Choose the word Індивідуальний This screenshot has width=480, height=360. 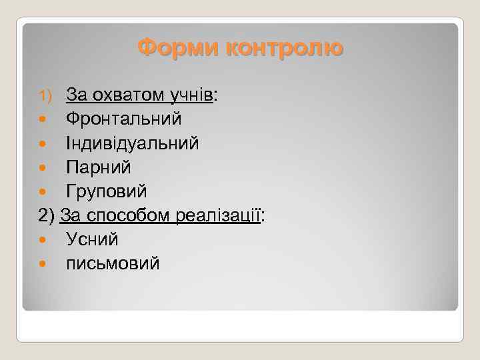pos(132,143)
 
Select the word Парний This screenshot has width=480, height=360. pos(99,167)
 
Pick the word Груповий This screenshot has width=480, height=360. pos(107,191)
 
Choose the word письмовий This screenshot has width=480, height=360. pos(113,263)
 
